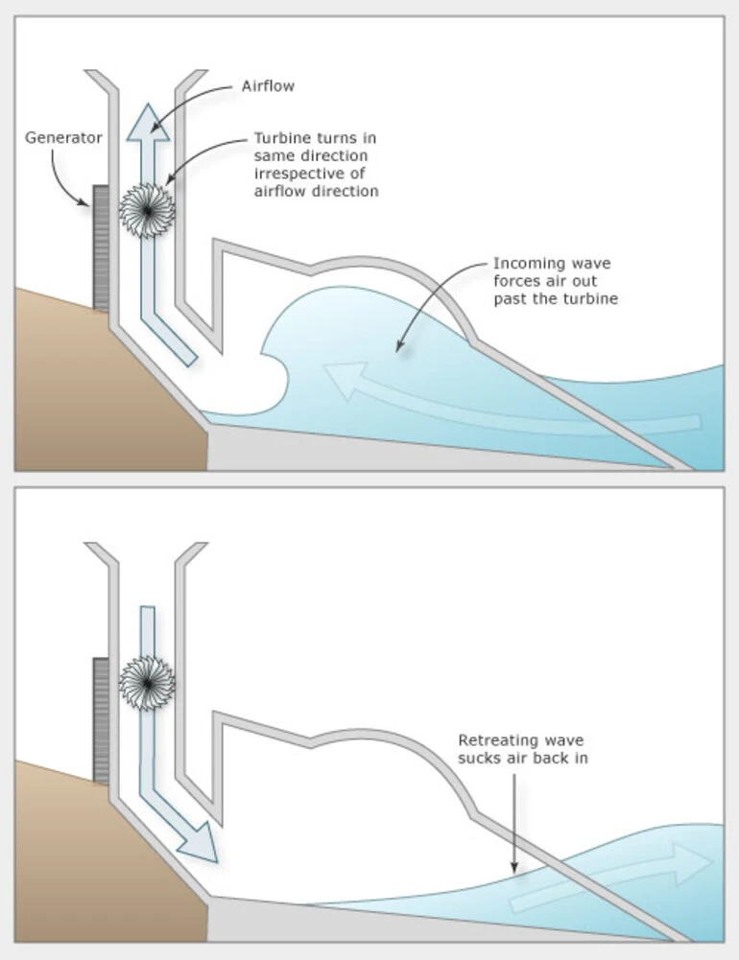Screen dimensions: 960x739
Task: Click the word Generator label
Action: coord(63,138)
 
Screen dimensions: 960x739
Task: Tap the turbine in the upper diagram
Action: coord(147,210)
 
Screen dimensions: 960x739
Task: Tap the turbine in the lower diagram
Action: coord(147,682)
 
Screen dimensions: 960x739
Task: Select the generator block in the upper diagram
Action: coord(101,247)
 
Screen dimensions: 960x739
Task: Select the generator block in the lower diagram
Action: coord(101,719)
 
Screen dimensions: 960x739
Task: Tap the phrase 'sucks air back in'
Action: coord(522,759)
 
